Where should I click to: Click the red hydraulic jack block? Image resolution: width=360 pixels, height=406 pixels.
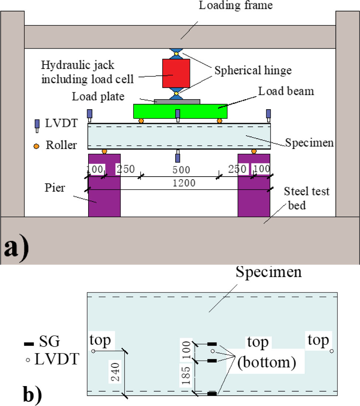pyautogui.click(x=176, y=73)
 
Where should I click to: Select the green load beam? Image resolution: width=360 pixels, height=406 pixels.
pyautogui.click(x=180, y=111)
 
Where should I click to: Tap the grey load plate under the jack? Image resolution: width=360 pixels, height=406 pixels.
pyautogui.click(x=177, y=101)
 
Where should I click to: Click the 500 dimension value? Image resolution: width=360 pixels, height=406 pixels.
pyautogui.click(x=181, y=170)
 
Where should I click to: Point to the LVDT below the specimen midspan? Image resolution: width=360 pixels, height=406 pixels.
pyautogui.click(x=177, y=157)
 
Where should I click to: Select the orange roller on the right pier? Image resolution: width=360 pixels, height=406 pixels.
pyautogui.click(x=254, y=151)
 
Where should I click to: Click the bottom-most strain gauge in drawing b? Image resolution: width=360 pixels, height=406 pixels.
pyautogui.click(x=212, y=394)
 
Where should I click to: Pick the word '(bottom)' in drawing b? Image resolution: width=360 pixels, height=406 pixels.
pyautogui.click(x=267, y=363)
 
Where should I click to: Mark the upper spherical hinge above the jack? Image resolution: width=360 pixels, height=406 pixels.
pyautogui.click(x=176, y=54)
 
